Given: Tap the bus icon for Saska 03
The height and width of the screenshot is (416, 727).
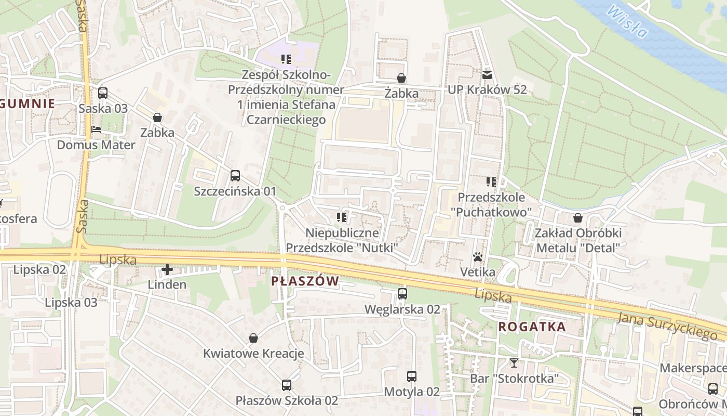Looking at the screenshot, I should pos(103,93).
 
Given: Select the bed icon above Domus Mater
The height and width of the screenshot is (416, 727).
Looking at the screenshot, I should pos(96,129).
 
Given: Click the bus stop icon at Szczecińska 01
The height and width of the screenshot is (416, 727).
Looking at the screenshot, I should pos(235,176).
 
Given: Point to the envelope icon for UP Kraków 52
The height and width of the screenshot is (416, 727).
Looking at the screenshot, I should pos(487,74).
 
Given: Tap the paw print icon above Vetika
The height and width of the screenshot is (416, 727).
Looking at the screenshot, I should pos(478,257).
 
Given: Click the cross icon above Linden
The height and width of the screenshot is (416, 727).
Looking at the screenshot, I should pos(167,269).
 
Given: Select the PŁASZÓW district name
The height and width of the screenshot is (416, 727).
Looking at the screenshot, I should pos(305,281).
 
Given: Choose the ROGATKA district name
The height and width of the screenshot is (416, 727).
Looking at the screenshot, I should pos(532,327).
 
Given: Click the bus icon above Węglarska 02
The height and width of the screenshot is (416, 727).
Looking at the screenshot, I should pos(402,294).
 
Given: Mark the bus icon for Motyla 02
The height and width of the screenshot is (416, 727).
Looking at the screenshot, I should pos(412,376).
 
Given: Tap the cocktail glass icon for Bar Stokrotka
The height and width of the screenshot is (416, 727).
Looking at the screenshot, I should pos(514,363).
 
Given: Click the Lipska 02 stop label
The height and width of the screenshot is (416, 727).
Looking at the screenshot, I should pos(39,269).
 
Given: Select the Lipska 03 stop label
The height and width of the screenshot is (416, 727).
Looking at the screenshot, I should pos(71,302).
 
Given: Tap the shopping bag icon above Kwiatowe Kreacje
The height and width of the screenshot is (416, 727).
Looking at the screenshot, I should pos(253,339).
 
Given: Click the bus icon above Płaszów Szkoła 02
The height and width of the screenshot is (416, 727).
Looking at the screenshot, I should pos(287,385).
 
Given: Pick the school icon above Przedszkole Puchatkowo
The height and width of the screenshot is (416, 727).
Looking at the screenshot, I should pos(491,182).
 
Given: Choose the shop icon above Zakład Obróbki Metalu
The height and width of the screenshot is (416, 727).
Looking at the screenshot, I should pos(578,218).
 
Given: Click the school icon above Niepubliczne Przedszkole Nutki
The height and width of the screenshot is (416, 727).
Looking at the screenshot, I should pos(342,217).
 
